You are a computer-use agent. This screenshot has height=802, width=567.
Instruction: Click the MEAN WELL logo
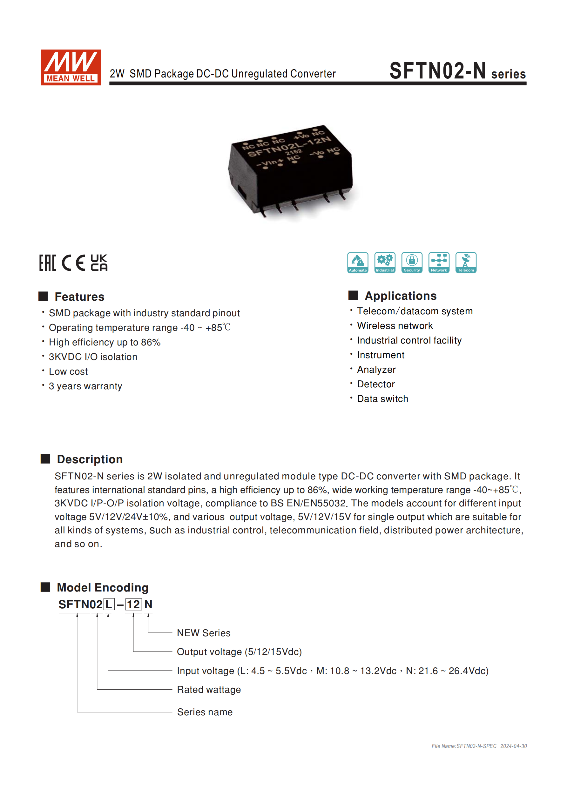point(71,67)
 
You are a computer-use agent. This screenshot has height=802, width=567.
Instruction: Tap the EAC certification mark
point(47,263)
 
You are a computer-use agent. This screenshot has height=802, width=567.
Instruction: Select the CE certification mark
point(73,263)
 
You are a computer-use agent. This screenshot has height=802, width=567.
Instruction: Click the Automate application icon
point(358,262)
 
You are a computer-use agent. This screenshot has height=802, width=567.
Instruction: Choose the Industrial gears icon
point(385,262)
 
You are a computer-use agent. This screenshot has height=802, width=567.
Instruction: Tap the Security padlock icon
point(412,262)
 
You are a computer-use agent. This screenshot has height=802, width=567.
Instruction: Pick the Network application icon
point(439,262)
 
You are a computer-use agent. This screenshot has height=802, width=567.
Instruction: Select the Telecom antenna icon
point(466,262)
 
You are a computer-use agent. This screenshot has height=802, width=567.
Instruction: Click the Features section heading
point(79,297)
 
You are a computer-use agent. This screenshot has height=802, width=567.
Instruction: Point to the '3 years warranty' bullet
point(85,386)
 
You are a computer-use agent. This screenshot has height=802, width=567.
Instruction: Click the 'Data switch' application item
point(382,398)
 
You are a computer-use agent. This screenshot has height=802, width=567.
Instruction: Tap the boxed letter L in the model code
point(109,604)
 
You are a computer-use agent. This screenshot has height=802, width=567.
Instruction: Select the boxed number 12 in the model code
point(133,604)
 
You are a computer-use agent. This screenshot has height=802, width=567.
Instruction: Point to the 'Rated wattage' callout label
point(209,690)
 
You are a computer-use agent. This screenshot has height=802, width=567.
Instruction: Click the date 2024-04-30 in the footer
point(513,746)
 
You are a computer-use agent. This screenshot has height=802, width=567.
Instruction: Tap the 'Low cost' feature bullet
point(68,371)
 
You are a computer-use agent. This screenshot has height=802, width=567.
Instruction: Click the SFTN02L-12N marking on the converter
point(289,147)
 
